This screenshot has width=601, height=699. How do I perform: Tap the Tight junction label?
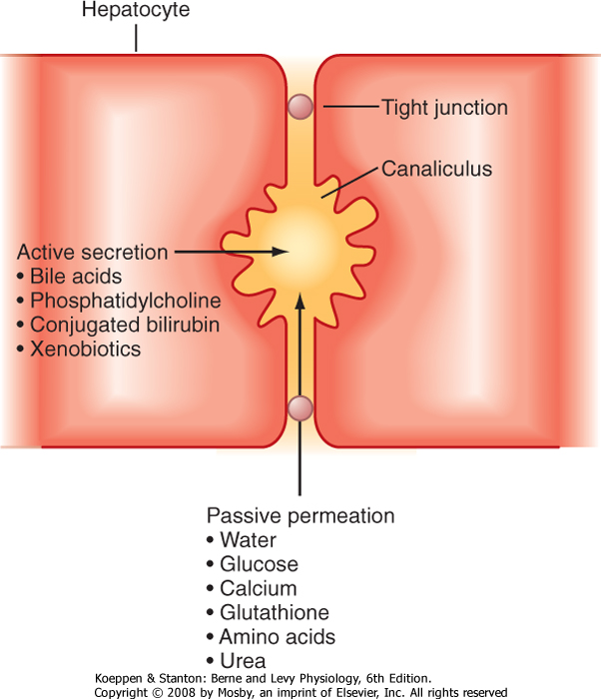pos(445,107)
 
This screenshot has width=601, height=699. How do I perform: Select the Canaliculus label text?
pos(435,169)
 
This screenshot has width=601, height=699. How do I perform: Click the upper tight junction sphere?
pos(300,106)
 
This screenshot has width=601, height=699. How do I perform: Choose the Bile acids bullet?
pos(70,275)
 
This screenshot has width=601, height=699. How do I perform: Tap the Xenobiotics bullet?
pos(79,349)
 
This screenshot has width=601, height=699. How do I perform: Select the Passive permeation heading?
pos(300,516)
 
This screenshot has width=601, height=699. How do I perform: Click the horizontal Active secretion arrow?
pos(230,252)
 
